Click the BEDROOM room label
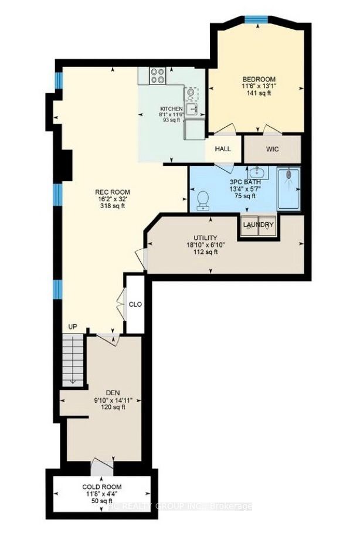pos(258,79)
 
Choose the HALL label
pos(223,149)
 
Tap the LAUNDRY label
pos(259,225)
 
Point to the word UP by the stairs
pos(73,326)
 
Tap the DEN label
pos(113,393)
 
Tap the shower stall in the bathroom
pos(288,189)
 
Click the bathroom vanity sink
pos(256,174)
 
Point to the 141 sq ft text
pos(258,94)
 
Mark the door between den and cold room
pos(101,467)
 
